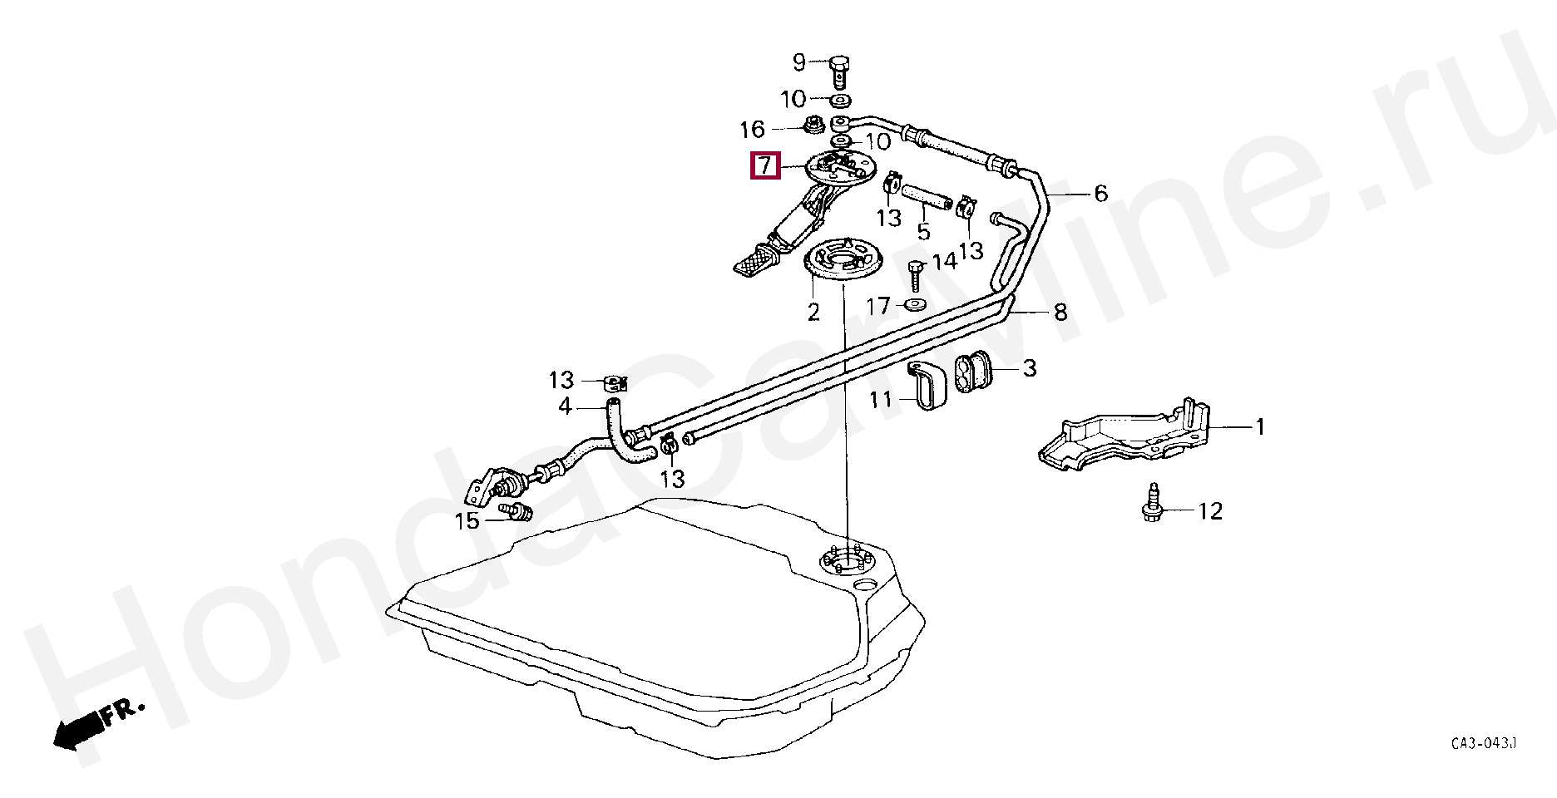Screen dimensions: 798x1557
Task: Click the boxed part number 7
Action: [x=764, y=165]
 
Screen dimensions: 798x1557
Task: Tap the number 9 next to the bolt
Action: [x=799, y=62]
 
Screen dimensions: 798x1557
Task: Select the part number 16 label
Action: [x=752, y=130]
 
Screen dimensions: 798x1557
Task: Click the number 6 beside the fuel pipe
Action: [x=1100, y=194]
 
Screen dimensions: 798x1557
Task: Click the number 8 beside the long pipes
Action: [x=1060, y=313]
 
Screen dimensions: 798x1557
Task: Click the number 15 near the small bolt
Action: [x=467, y=520]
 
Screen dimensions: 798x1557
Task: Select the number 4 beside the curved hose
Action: [x=565, y=406]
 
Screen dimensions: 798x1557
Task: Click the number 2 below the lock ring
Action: [x=813, y=312]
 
